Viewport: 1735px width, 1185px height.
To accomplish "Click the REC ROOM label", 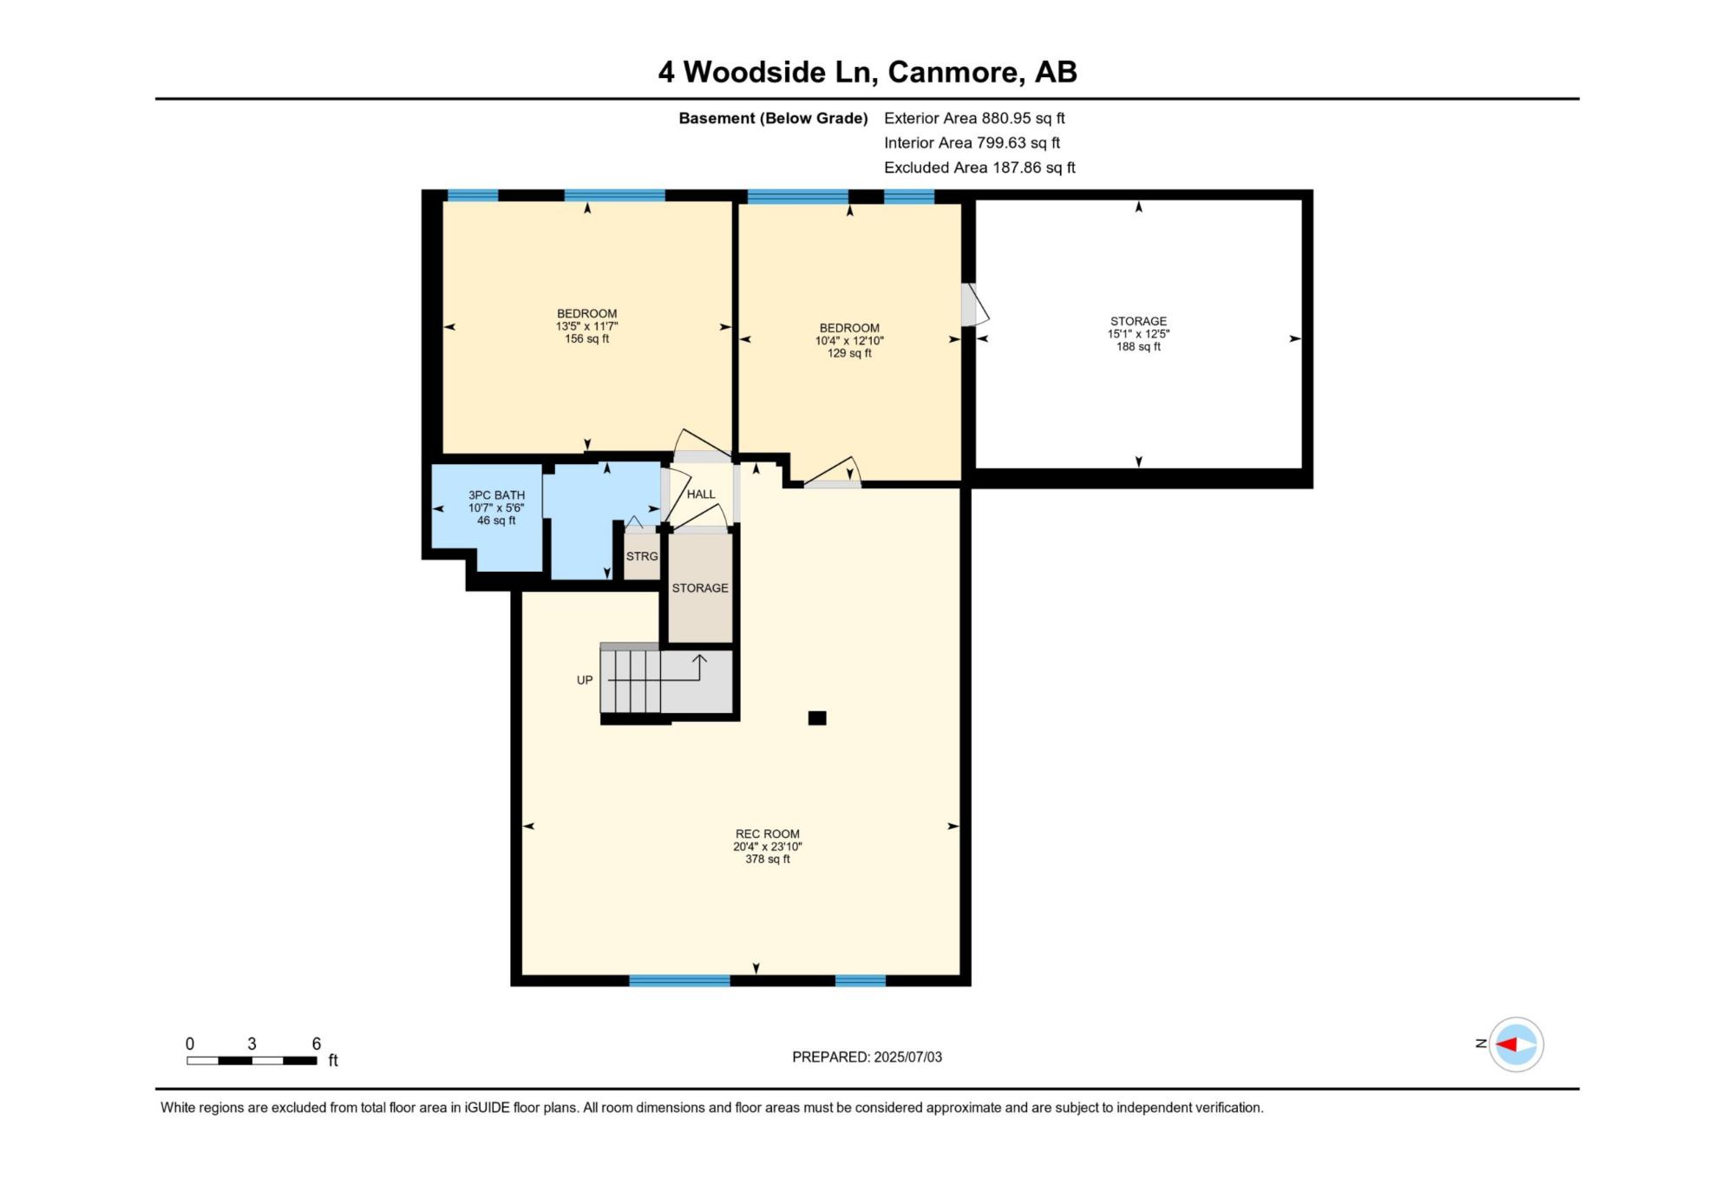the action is point(768,834).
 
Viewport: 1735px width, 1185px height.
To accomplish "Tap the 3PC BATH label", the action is point(496,495).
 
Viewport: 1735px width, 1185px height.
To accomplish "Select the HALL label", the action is point(701,494).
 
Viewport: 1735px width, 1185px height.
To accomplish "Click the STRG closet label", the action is point(642,556).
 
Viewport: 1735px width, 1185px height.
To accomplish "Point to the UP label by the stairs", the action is point(585,680).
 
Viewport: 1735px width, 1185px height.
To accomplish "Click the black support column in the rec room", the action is point(817,717).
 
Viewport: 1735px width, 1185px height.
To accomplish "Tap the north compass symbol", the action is point(1516,1044).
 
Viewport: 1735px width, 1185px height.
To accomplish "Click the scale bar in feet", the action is point(252,1060).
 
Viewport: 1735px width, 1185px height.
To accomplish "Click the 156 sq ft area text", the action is point(587,339).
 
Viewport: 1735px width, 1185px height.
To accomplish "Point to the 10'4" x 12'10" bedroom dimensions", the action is point(849,341).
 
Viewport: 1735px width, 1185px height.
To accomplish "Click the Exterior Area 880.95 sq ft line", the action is point(974,118).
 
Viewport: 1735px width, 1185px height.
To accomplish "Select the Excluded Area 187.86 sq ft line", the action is point(979,167).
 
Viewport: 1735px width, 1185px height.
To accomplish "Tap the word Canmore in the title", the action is point(953,72).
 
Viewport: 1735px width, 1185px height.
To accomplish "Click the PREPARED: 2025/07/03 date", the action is point(867,1057).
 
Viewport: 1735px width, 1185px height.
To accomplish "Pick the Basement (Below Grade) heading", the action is point(773,118).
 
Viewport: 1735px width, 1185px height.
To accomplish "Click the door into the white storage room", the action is point(975,304).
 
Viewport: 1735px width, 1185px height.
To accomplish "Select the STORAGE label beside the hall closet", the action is point(700,588).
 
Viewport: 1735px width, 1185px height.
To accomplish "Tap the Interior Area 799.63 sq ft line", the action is point(972,142).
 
